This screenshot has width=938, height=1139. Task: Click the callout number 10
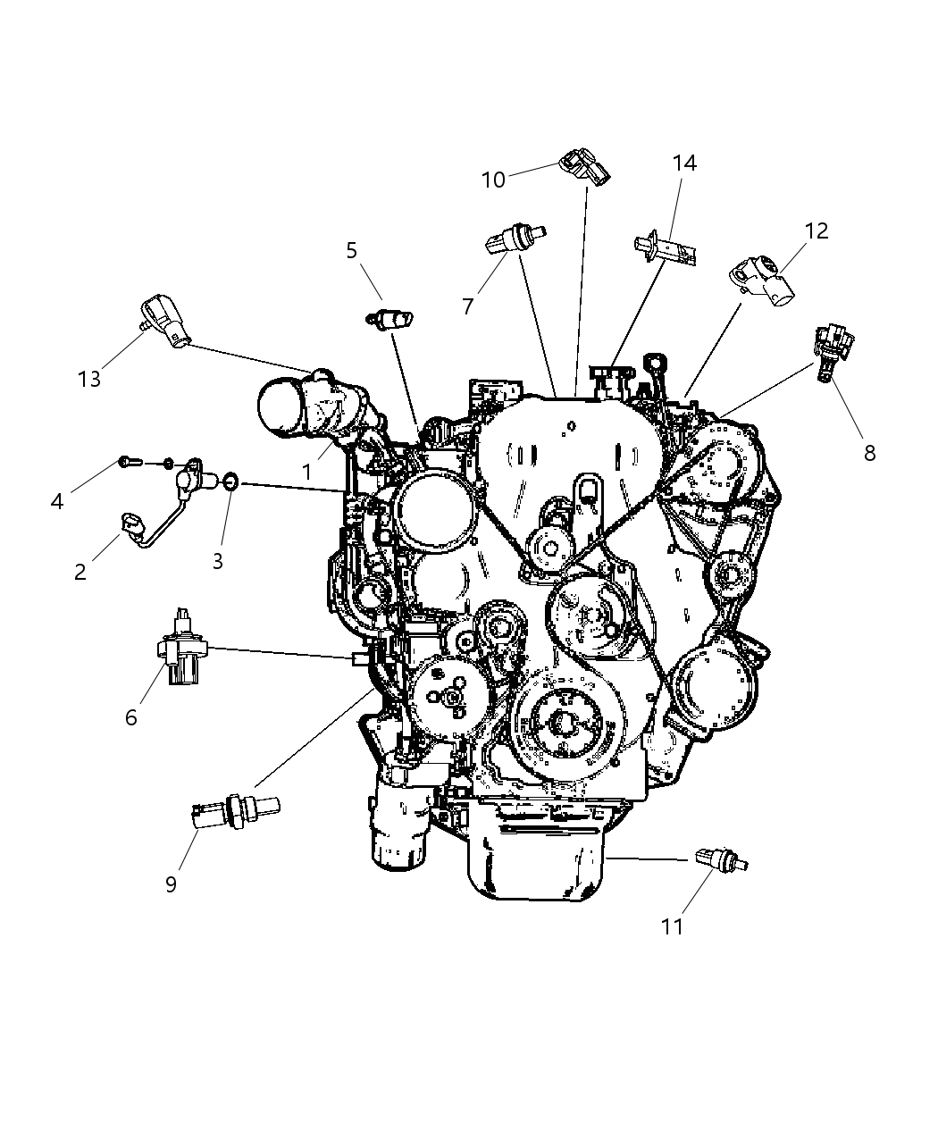tap(493, 180)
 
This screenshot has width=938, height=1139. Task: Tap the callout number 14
tap(684, 163)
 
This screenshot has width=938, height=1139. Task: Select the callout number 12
tap(817, 231)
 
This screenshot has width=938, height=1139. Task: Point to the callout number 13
tap(89, 379)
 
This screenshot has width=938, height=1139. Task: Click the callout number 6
tap(131, 716)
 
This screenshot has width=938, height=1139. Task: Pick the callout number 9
tap(171, 884)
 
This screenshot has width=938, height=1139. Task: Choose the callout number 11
tap(672, 926)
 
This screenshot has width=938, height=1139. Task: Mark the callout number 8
tap(869, 453)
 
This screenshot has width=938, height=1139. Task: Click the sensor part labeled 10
tap(585, 168)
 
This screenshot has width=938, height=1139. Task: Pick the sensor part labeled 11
tap(720, 860)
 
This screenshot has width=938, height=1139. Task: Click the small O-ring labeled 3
tap(229, 482)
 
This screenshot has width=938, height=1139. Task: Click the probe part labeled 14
tap(666, 246)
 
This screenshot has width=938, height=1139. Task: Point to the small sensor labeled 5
tap(392, 318)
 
